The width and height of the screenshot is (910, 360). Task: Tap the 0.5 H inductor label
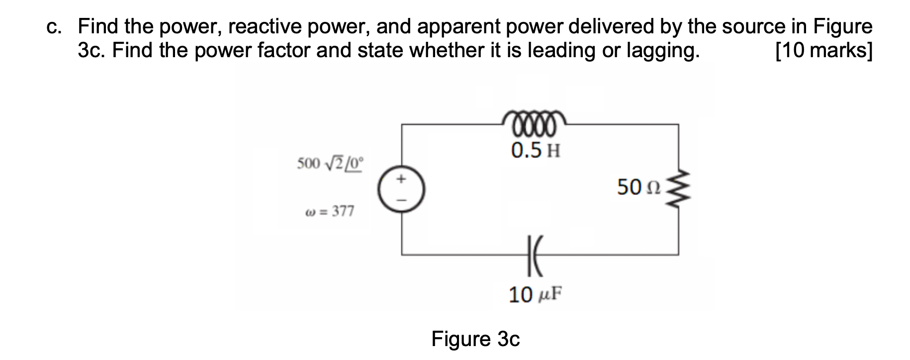pyautogui.click(x=536, y=150)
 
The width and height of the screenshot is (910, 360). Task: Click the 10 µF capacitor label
pyautogui.click(x=534, y=295)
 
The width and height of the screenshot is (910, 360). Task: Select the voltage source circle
pyautogui.click(x=402, y=189)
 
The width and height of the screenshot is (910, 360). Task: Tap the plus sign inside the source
pyautogui.click(x=402, y=178)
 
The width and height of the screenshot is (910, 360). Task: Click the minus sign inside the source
pyautogui.click(x=402, y=200)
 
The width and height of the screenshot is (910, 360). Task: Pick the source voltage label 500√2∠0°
pyautogui.click(x=330, y=163)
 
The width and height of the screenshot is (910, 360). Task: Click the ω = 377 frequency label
pyautogui.click(x=329, y=211)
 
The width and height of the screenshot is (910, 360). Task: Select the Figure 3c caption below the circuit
pyautogui.click(x=475, y=339)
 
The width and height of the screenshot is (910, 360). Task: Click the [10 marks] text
pyautogui.click(x=823, y=51)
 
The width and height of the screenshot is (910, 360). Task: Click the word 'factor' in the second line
pyautogui.click(x=283, y=51)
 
